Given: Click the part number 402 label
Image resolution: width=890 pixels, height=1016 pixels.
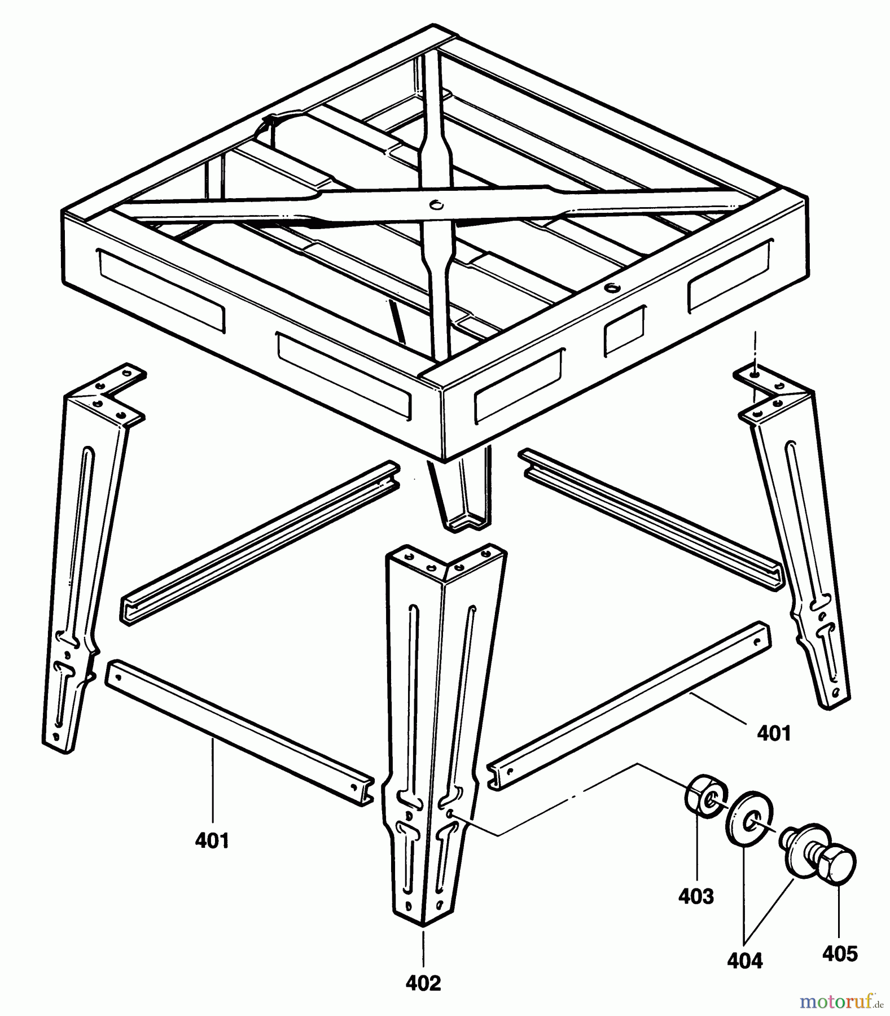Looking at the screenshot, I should (x=423, y=983).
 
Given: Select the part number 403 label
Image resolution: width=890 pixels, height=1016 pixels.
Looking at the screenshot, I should (x=696, y=896).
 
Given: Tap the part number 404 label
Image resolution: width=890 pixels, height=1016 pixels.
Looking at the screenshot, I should (x=746, y=960).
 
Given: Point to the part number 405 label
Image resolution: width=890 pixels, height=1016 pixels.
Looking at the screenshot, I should (x=840, y=954).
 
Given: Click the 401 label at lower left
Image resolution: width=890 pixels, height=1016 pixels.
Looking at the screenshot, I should (x=212, y=840).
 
